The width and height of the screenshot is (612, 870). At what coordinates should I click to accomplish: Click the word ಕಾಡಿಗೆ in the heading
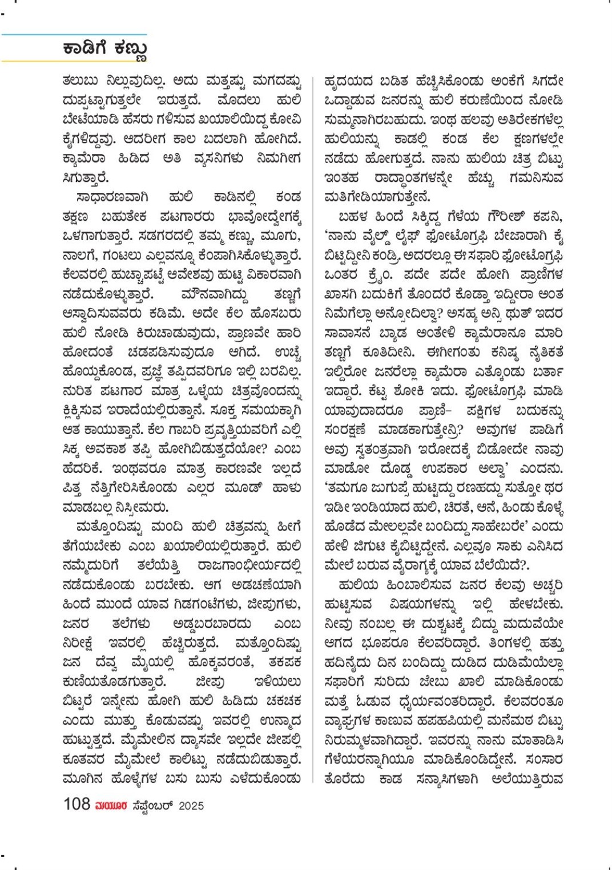coord(86,48)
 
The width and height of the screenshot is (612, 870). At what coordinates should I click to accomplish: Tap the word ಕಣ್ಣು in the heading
coord(130,49)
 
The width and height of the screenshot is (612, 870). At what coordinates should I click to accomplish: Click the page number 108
coord(76,804)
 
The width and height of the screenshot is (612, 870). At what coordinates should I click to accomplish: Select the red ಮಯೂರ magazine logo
coord(111,806)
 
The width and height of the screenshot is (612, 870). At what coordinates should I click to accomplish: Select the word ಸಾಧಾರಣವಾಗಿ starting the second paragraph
coord(112,197)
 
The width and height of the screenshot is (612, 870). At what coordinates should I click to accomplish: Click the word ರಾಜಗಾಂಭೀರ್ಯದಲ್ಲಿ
coord(249,565)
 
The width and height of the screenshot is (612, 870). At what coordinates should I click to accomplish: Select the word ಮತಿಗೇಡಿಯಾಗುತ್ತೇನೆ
coord(377,197)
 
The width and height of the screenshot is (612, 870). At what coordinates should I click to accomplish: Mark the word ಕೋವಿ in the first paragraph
coord(285,120)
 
